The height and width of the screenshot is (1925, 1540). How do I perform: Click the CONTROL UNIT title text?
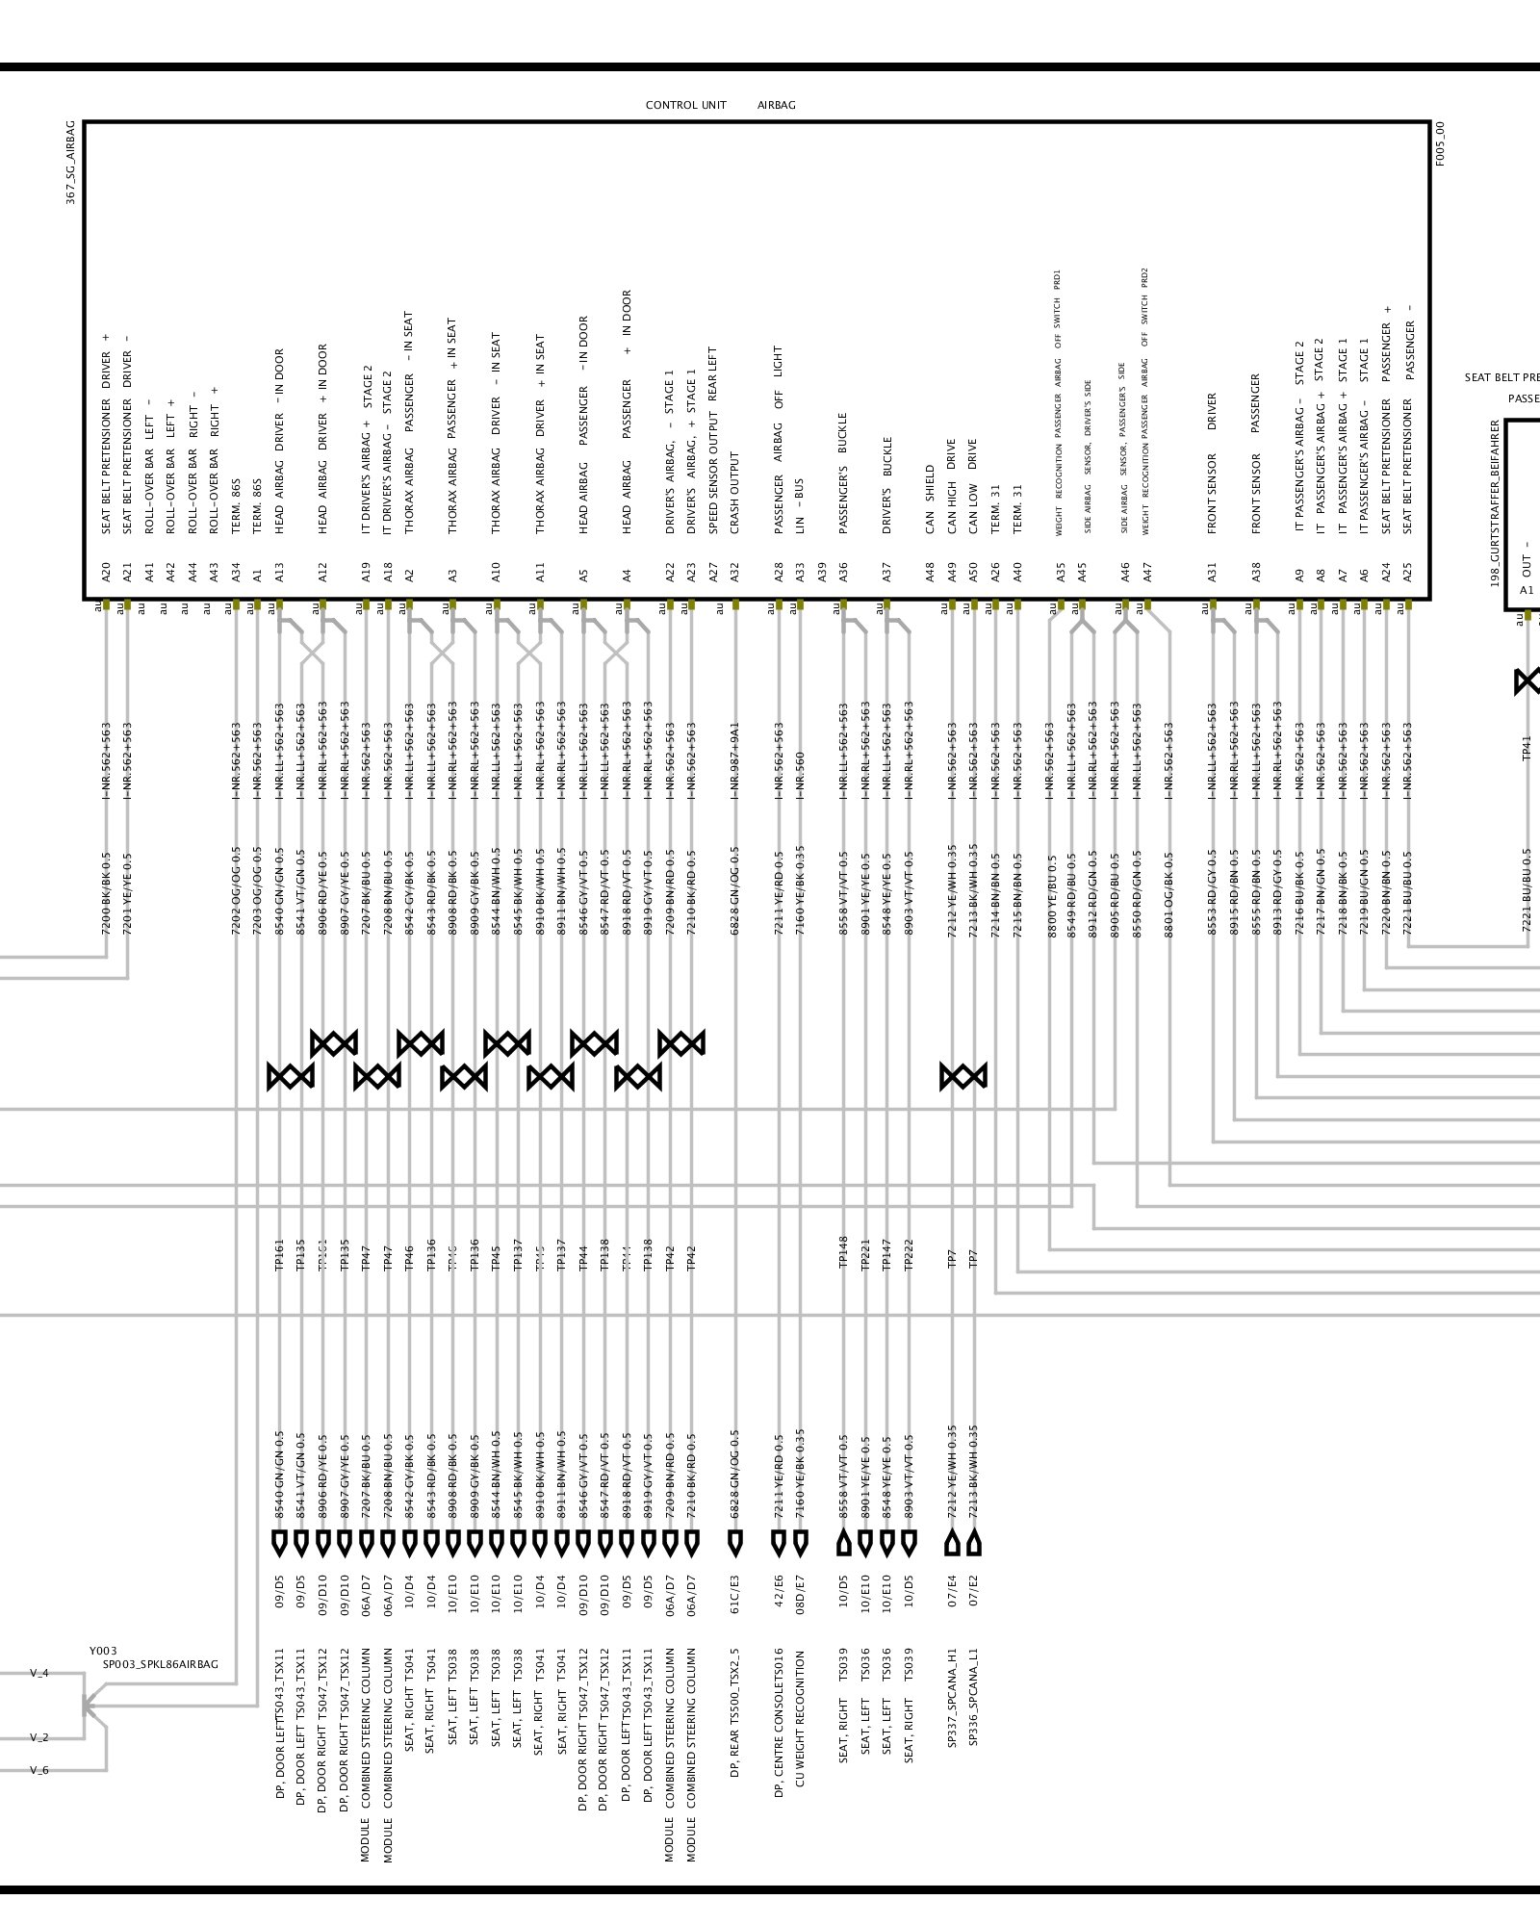[685, 105]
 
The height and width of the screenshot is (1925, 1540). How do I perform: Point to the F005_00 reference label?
[1440, 143]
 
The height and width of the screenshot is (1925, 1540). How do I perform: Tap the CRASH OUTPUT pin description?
[734, 493]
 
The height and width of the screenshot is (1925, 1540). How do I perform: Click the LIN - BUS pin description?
[799, 505]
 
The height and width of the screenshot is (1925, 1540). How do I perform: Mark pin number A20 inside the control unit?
[106, 575]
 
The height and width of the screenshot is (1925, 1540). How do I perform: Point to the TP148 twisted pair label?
[843, 1253]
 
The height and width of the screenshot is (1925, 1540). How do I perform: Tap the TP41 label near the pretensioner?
[1527, 748]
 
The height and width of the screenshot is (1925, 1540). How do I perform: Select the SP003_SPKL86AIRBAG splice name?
[161, 1664]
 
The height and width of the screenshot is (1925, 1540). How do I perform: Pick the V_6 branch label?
[39, 1770]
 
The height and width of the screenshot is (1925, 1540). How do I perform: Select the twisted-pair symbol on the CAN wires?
[962, 1076]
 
